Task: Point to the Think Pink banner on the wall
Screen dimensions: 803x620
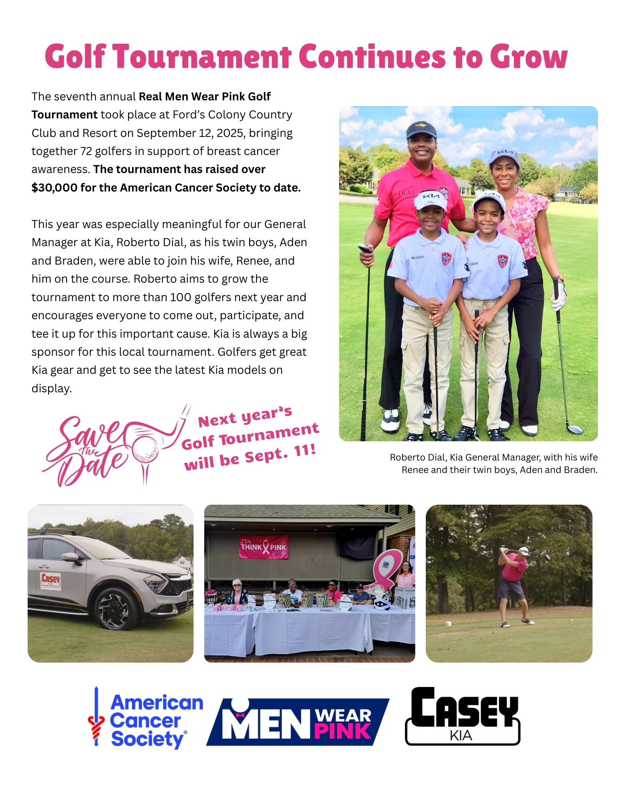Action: (264, 546)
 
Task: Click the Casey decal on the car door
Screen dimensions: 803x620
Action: (51, 581)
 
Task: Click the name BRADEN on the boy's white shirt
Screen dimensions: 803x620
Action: (417, 257)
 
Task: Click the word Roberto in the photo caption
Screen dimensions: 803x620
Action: (405, 457)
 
